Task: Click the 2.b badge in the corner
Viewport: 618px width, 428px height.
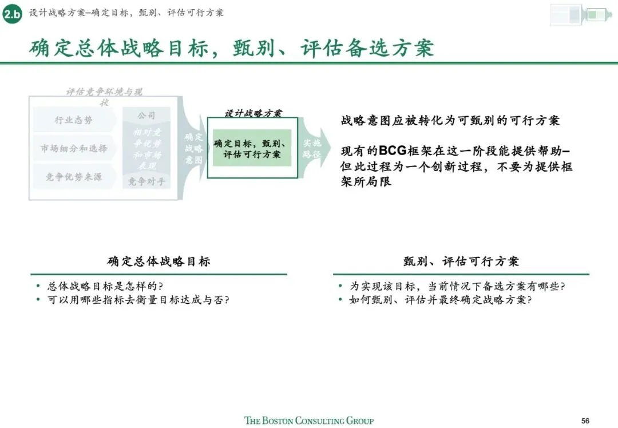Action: [x=12, y=14]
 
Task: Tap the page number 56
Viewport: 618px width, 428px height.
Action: [x=585, y=419]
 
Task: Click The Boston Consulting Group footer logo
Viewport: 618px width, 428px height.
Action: [x=309, y=421]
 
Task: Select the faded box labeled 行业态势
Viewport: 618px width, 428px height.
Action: [x=74, y=120]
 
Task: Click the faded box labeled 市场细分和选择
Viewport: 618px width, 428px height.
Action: [x=74, y=148]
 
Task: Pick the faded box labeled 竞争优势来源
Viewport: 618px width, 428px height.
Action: [x=74, y=177]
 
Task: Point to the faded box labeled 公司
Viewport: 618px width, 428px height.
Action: [x=146, y=116]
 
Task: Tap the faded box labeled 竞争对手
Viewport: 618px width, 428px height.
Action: [x=146, y=182]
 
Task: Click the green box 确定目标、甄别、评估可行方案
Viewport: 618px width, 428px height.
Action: [x=252, y=148]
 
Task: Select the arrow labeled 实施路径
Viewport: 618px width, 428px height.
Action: [x=314, y=149]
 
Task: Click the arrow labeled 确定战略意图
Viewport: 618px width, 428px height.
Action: [x=193, y=149]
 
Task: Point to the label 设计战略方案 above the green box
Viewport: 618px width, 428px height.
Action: [x=252, y=113]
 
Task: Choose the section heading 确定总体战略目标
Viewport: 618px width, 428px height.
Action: [x=159, y=261]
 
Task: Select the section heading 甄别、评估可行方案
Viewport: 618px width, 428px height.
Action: [x=461, y=261]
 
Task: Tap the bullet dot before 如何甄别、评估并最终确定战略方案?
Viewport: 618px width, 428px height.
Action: [x=340, y=300]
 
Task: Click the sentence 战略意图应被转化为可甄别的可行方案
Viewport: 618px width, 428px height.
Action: [x=450, y=121]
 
